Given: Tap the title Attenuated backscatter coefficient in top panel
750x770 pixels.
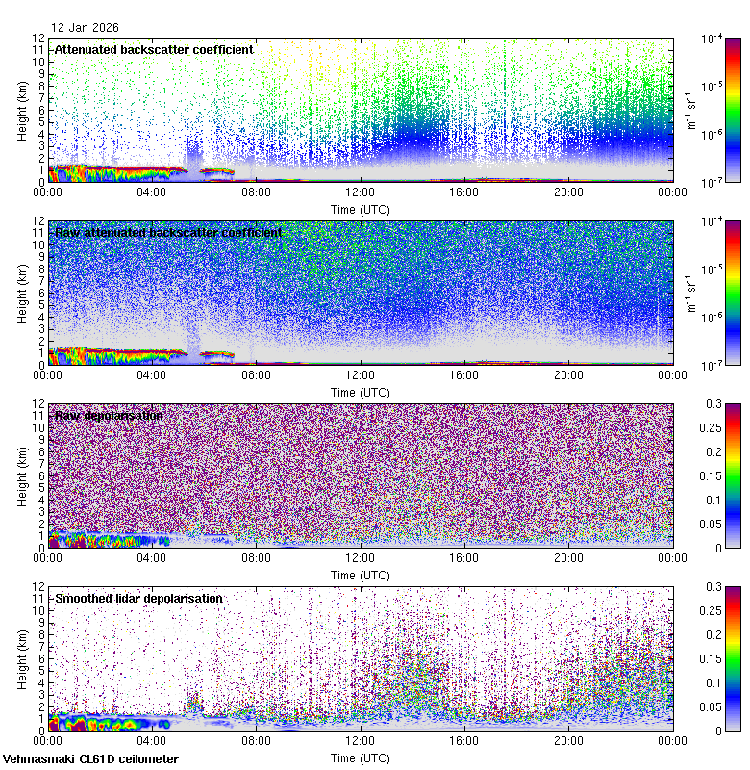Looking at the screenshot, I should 154,49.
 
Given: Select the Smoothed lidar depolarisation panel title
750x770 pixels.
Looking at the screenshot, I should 138,598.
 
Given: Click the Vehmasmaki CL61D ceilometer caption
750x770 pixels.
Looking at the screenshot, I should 90,759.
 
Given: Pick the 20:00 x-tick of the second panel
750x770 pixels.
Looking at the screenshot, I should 568,375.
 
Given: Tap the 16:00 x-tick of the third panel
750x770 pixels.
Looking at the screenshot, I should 464,558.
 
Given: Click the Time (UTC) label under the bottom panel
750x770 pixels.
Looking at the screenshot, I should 361,757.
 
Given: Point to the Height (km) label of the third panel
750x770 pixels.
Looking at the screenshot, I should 22,475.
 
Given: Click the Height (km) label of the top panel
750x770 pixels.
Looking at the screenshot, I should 22,110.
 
